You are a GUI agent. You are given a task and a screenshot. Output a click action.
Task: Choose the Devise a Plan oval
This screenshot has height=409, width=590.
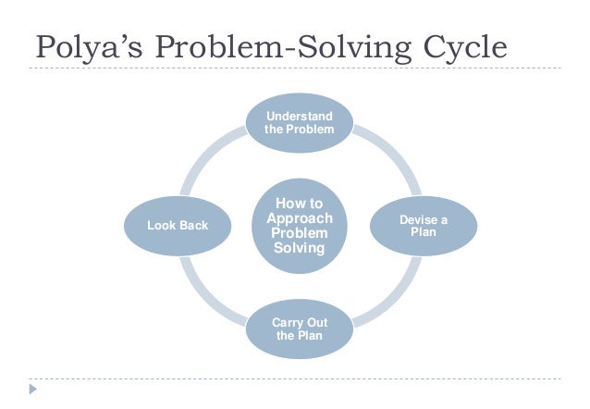(424, 225)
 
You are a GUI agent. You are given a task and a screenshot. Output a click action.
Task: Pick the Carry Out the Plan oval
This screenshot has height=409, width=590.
(297, 328)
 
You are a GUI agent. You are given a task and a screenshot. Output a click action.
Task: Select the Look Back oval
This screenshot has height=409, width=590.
(178, 225)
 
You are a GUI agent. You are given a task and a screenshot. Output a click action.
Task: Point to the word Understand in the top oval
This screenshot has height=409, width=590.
(297, 116)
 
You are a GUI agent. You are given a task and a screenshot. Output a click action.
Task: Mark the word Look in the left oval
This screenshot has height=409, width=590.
(163, 225)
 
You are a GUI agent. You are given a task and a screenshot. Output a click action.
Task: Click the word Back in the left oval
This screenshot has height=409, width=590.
(193, 225)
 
